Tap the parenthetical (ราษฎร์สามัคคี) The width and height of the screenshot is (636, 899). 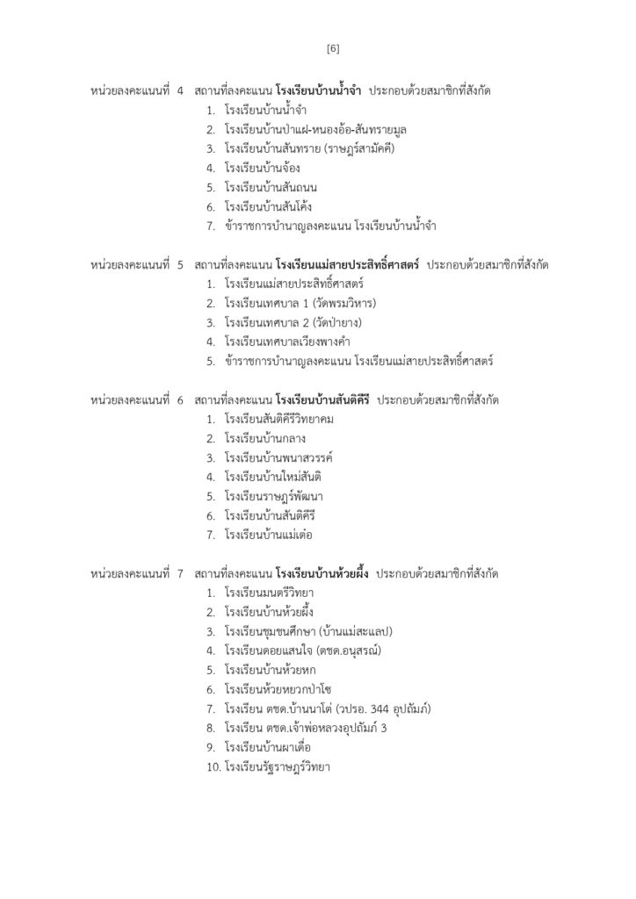[361, 148]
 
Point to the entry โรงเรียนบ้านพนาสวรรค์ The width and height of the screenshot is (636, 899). [278, 457]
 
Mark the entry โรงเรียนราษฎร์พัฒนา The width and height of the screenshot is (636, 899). [274, 496]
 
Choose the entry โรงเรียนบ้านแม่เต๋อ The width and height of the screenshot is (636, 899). [270, 534]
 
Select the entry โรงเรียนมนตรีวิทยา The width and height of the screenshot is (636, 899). [270, 593]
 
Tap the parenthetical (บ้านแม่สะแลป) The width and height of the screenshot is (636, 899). [356, 631]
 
